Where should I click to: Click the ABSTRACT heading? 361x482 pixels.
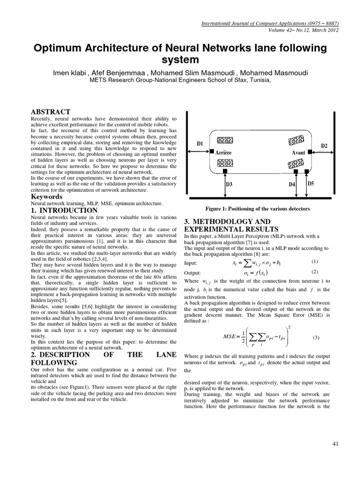coord(50,112)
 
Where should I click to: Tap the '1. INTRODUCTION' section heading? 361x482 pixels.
coord(64,210)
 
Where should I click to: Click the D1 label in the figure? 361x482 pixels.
coord(199,143)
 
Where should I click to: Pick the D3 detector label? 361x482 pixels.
coord(229,184)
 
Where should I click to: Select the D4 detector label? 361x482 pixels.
coord(292,185)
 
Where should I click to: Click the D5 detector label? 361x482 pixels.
coord(310,183)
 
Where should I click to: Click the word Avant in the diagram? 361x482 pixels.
coord(298,153)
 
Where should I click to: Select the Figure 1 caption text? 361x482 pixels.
coord(257,209)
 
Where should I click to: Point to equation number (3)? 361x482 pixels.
coord(316,337)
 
